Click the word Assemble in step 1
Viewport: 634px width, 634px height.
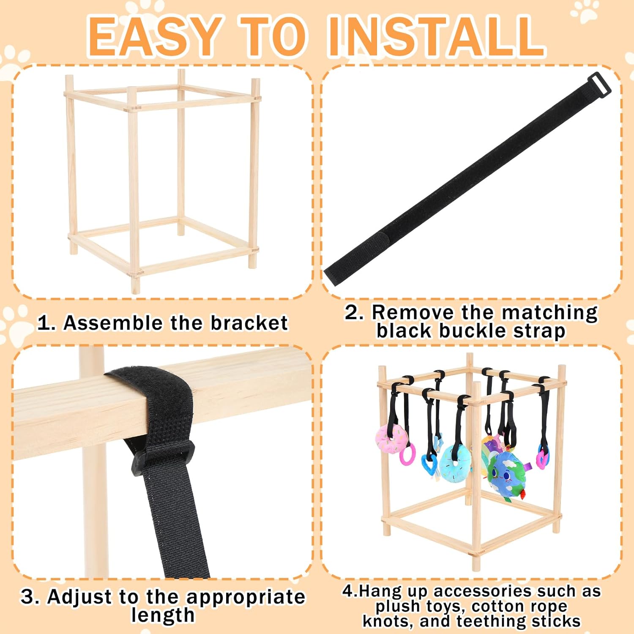click(113, 323)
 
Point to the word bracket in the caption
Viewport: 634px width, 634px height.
click(249, 323)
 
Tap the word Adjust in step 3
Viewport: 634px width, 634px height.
click(80, 597)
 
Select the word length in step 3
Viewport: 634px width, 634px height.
click(163, 615)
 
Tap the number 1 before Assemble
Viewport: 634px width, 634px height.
click(45, 323)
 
